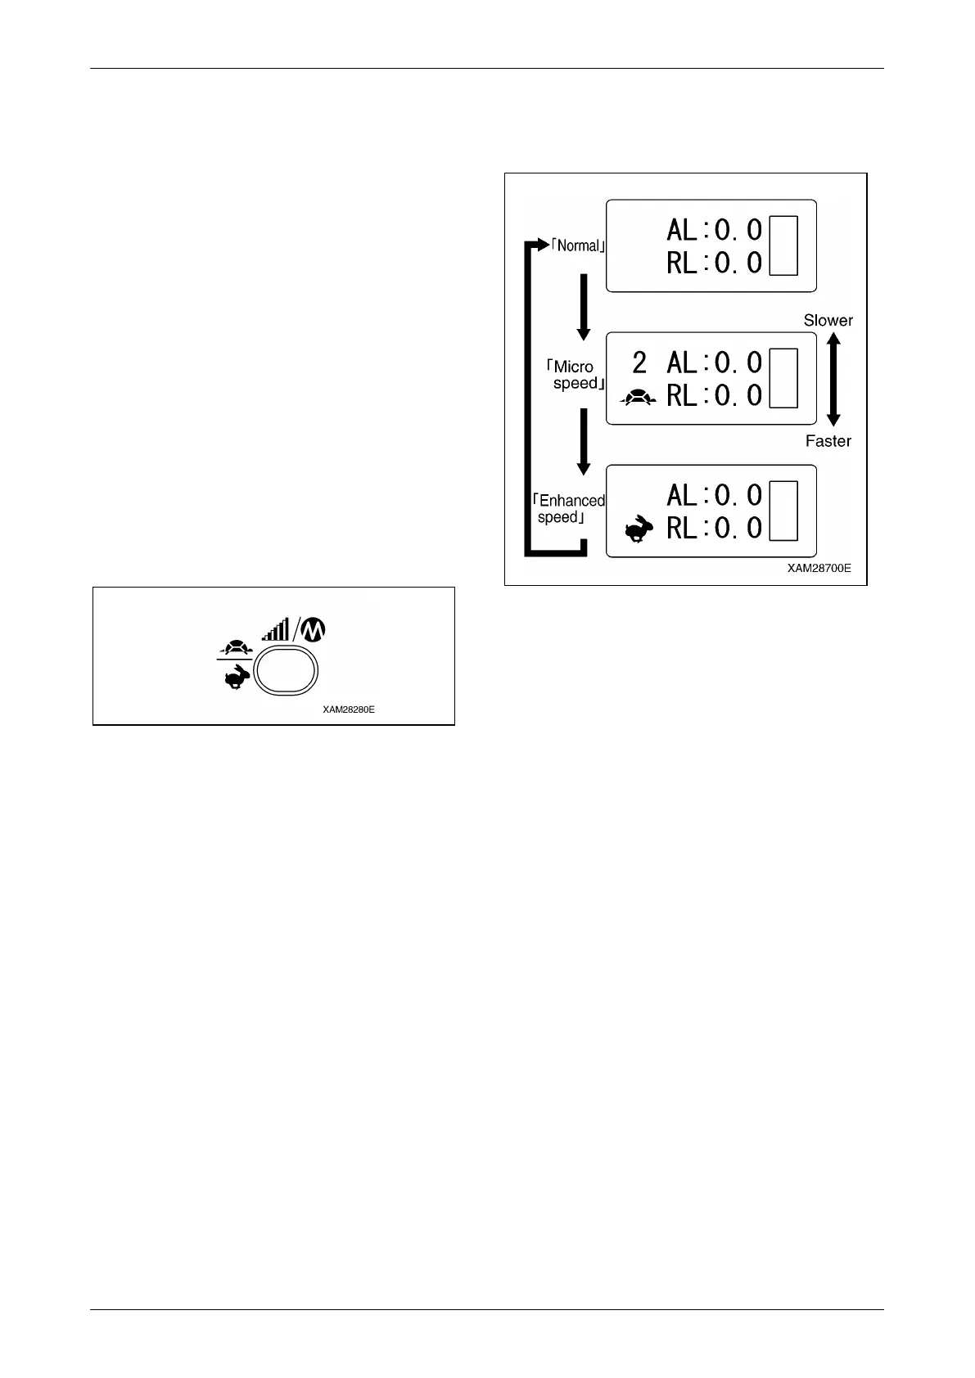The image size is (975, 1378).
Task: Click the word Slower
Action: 828,321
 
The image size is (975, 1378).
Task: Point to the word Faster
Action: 828,441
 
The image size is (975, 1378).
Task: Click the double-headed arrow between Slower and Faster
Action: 833,381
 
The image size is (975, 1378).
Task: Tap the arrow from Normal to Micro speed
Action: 584,307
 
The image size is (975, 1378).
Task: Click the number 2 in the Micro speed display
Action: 639,363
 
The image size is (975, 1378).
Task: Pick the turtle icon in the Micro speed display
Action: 639,398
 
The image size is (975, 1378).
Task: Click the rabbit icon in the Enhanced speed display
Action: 639,529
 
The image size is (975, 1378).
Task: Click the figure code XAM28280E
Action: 349,709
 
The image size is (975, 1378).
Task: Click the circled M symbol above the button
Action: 314,629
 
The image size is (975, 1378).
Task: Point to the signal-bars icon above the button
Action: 275,629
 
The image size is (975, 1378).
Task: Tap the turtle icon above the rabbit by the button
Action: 235,646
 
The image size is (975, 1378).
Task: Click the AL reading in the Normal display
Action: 714,230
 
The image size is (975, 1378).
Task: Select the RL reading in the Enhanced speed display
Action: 714,529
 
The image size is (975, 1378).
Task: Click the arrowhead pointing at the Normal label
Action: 540,245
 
